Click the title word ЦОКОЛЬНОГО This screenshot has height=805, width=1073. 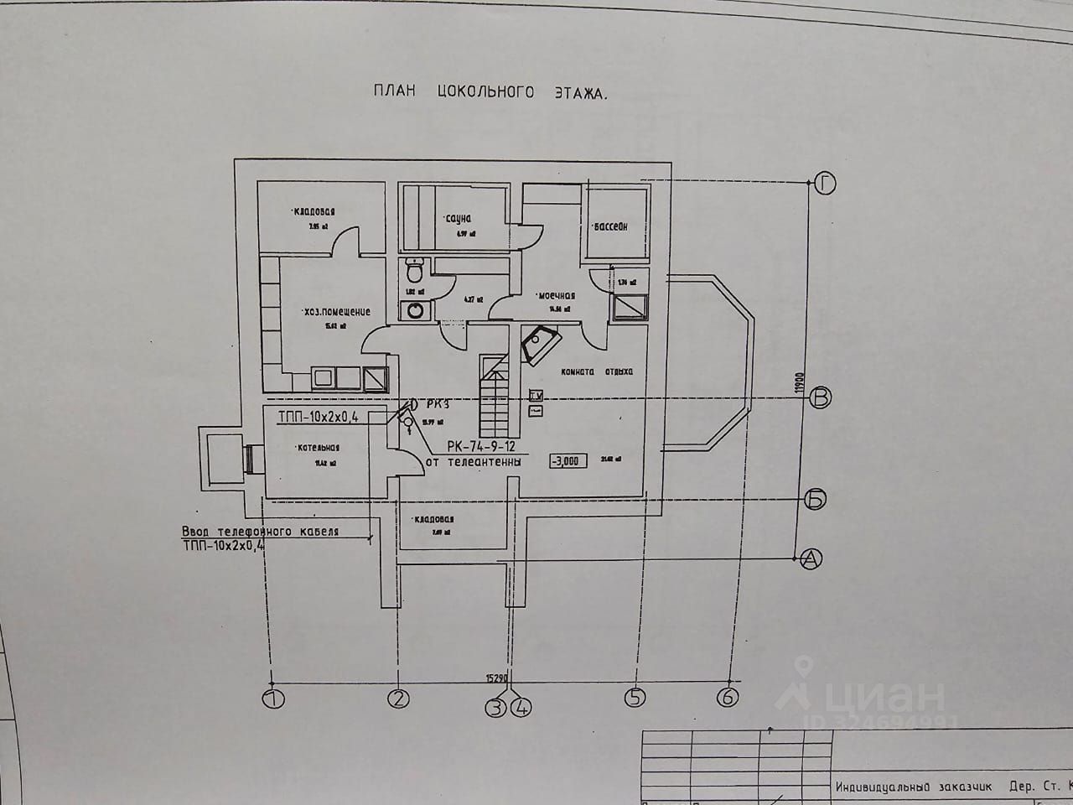(x=485, y=92)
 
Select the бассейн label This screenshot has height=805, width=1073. (x=609, y=226)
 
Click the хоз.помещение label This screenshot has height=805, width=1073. (x=338, y=312)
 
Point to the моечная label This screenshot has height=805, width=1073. (x=556, y=295)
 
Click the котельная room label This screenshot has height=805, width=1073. (x=318, y=448)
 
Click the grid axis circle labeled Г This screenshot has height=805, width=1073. (x=825, y=182)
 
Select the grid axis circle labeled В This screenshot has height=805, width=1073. (x=822, y=398)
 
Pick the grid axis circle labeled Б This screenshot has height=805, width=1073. (x=815, y=500)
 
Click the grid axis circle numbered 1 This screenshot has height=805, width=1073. (x=272, y=698)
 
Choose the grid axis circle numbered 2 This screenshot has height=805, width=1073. (x=398, y=698)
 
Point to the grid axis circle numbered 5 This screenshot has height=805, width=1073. (x=635, y=696)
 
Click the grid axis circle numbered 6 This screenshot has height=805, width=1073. (x=728, y=696)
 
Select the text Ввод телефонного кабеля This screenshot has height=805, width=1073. (x=260, y=532)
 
